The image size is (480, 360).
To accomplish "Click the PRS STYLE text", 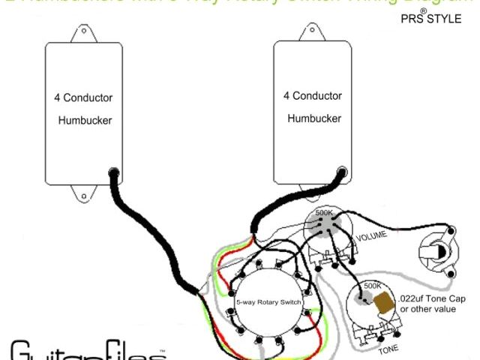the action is [x=431, y=18].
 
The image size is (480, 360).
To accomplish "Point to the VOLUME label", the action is [x=372, y=237].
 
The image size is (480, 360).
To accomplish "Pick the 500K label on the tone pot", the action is [x=373, y=286].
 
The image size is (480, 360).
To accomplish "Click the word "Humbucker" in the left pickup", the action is [x=85, y=120].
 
